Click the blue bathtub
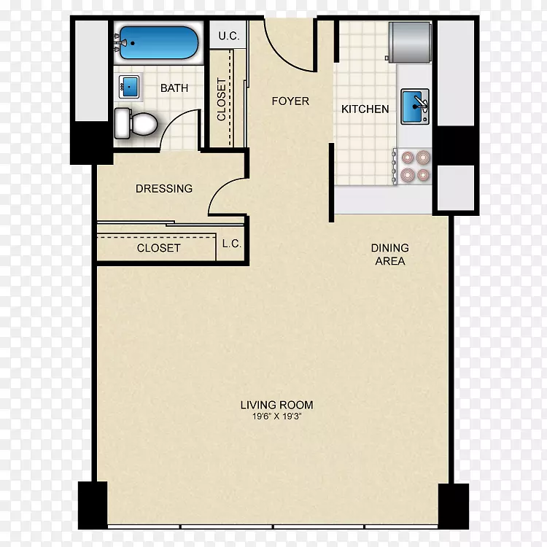point(159,43)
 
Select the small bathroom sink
point(129,87)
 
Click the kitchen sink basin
point(415,106)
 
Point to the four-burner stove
point(412,166)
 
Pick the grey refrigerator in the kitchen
point(410,42)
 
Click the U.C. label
point(229,36)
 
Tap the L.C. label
point(232,244)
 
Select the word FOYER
point(290,101)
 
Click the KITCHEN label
point(365,109)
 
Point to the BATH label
point(174,88)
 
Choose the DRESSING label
point(164,188)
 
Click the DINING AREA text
point(389,255)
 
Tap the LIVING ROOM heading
point(276,405)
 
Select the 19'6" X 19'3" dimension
point(276,416)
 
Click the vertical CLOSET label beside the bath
point(221,99)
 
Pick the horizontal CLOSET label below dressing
point(159,248)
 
